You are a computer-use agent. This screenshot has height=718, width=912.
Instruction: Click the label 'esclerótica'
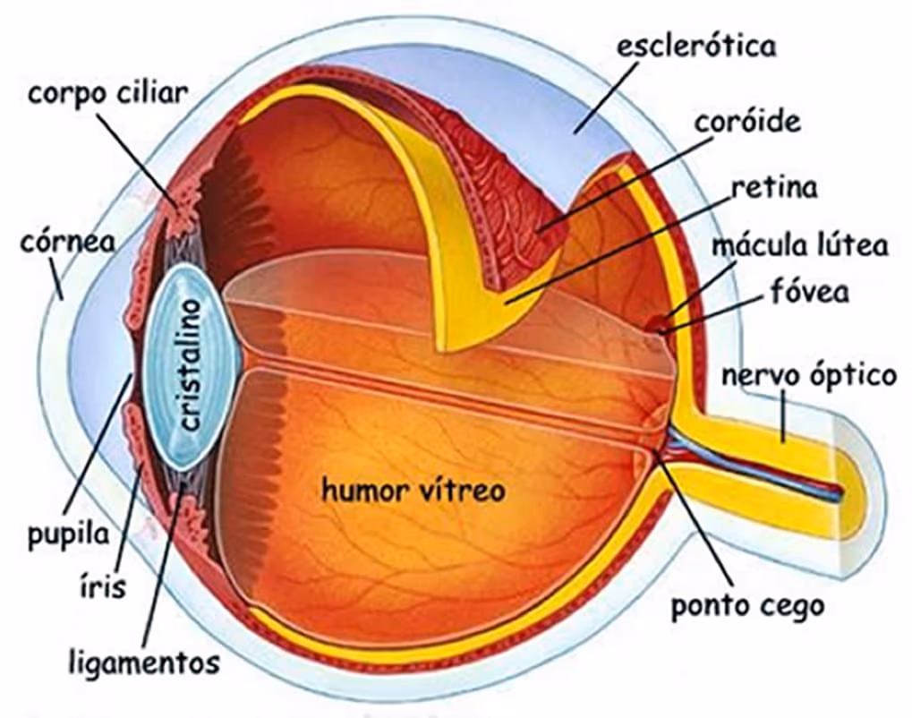pyautogui.click(x=696, y=46)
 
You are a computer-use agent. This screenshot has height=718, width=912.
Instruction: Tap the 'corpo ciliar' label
pyautogui.click(x=109, y=95)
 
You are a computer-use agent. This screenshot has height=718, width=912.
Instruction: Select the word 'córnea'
pyautogui.click(x=67, y=243)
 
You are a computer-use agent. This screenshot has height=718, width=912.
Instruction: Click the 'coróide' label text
pyautogui.click(x=747, y=121)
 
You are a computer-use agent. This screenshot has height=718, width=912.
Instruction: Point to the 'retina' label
pyautogui.click(x=774, y=187)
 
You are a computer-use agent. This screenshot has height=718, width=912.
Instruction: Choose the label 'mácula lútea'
pyautogui.click(x=800, y=245)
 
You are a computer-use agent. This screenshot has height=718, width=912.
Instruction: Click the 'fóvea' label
pyautogui.click(x=810, y=291)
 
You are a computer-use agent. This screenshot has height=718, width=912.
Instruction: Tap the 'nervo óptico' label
pyautogui.click(x=809, y=376)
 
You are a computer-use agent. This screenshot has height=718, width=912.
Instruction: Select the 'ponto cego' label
pyautogui.click(x=748, y=606)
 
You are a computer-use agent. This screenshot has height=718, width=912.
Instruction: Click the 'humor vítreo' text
pyautogui.click(x=413, y=491)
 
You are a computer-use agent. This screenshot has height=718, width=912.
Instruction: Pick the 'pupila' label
pyautogui.click(x=69, y=534)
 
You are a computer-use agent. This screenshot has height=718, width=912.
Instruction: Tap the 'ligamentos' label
pyautogui.click(x=144, y=662)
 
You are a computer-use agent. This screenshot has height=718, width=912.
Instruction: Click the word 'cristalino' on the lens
pyautogui.click(x=190, y=364)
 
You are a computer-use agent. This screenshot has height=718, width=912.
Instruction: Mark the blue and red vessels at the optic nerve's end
pyautogui.click(x=756, y=466)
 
